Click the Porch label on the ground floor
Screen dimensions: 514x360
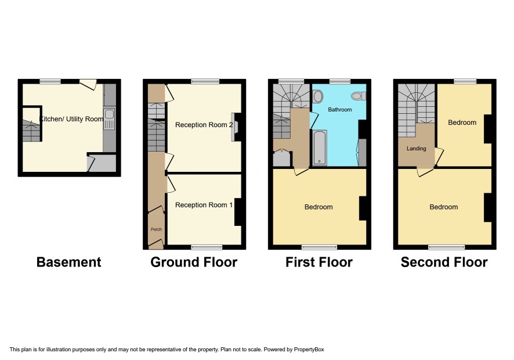(x=157, y=229)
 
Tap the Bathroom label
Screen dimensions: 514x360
(x=339, y=110)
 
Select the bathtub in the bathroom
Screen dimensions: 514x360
(x=320, y=147)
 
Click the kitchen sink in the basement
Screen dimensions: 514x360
(x=109, y=120)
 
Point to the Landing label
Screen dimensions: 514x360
(x=417, y=149)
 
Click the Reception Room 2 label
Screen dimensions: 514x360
(x=204, y=125)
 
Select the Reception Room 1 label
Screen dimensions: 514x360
(x=204, y=205)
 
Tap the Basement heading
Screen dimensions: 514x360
(x=69, y=262)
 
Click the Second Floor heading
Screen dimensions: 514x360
(x=444, y=262)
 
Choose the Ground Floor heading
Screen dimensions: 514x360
(x=194, y=262)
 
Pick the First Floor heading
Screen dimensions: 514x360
(x=319, y=262)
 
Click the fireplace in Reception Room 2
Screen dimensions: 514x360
(x=236, y=127)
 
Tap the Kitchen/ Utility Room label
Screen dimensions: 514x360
(x=71, y=119)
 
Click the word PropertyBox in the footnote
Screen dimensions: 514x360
(x=309, y=350)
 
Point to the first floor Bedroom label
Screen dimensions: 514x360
(x=318, y=207)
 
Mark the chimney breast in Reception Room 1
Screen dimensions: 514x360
(x=238, y=212)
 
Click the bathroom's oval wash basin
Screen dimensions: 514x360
(x=318, y=96)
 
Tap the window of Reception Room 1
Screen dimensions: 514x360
(x=207, y=247)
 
